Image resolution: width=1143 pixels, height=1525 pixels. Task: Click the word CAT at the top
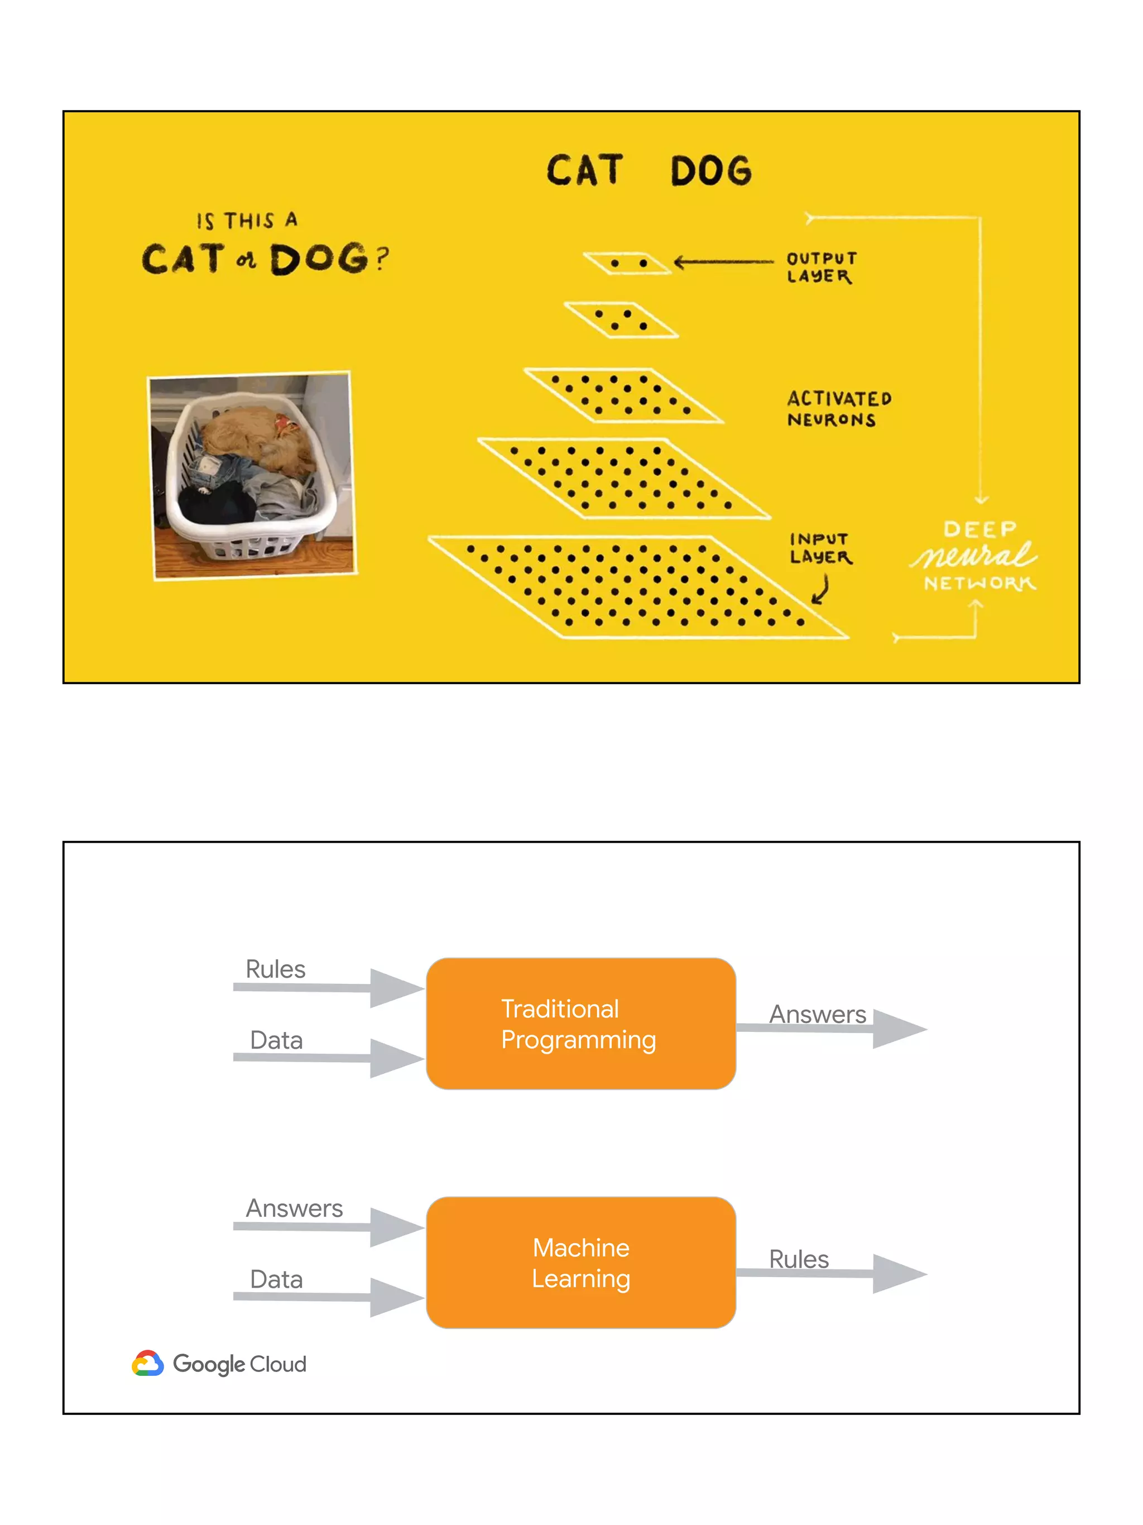tap(585, 170)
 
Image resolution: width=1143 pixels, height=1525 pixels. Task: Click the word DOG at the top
tap(711, 171)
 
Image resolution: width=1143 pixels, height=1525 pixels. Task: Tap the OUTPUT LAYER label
tap(821, 267)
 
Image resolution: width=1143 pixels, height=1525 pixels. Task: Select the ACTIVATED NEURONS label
tap(838, 409)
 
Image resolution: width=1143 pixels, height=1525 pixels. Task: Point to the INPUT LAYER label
tap(820, 548)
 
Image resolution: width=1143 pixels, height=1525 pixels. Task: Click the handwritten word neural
tap(973, 555)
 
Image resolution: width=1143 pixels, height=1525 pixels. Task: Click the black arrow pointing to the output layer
tap(723, 262)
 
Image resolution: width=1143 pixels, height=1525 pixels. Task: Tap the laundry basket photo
tap(252, 475)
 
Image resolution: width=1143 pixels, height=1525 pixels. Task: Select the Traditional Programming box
tap(581, 1024)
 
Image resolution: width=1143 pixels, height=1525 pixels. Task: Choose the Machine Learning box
tap(581, 1263)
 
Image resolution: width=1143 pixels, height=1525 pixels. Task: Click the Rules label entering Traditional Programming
tap(276, 969)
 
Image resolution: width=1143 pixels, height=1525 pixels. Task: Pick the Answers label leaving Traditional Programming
tap(817, 1014)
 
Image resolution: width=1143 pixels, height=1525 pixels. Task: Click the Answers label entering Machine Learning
tap(294, 1208)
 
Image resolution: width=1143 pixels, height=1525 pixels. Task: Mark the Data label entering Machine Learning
tap(276, 1279)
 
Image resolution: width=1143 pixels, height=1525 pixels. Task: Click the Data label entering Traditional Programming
tap(276, 1040)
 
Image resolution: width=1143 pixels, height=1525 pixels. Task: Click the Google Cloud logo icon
tap(147, 1363)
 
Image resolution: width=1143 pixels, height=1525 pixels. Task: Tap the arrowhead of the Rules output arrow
tap(899, 1274)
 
